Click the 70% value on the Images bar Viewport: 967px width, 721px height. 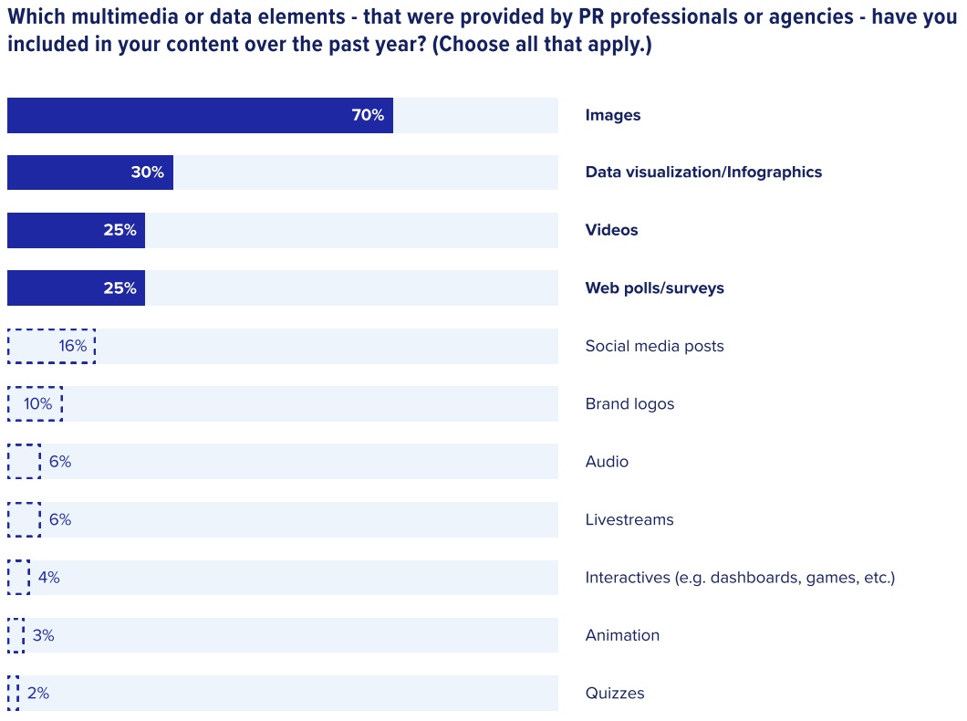368,115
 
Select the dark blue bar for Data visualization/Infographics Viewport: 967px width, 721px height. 89,172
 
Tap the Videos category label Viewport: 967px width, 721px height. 611,230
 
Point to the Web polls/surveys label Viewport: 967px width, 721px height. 654,288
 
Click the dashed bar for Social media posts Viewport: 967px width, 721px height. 51,346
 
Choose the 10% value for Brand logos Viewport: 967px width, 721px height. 38,403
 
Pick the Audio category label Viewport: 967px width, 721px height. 607,462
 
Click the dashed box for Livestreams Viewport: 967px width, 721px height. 24,519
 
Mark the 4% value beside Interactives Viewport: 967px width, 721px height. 49,578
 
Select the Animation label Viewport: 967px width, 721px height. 622,635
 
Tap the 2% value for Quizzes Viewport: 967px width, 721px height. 38,694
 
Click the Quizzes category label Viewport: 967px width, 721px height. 615,694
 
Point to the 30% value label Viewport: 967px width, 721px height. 147,172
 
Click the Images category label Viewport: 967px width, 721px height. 613,115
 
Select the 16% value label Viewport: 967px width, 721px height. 73,346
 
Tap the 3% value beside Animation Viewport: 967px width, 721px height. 44,635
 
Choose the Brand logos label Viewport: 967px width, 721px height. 629,403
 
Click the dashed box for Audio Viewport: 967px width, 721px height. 24,462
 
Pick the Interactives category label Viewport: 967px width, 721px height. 740,578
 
